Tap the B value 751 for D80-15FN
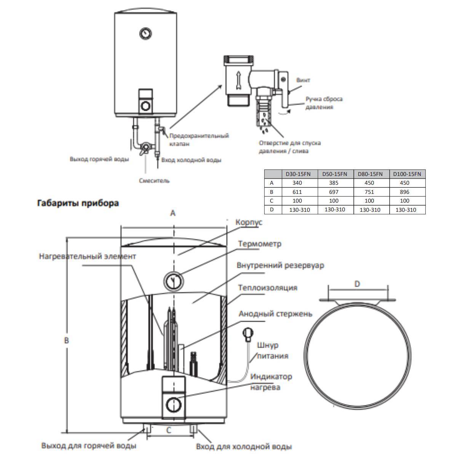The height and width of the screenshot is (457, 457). pyautogui.click(x=369, y=192)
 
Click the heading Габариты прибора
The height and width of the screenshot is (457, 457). pyautogui.click(x=78, y=203)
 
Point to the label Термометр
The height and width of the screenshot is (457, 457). pyautogui.click(x=260, y=244)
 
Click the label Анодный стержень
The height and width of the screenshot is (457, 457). pyautogui.click(x=275, y=313)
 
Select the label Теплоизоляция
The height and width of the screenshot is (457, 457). pyautogui.click(x=267, y=287)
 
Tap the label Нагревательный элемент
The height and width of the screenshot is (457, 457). pyautogui.click(x=87, y=256)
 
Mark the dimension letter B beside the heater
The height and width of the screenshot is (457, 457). pyautogui.click(x=67, y=340)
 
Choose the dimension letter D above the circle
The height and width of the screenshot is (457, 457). pyautogui.click(x=357, y=284)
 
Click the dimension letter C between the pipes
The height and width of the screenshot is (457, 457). pyautogui.click(x=169, y=430)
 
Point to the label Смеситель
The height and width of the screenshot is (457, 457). pyautogui.click(x=154, y=181)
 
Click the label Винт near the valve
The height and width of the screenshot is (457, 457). pyautogui.click(x=303, y=80)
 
